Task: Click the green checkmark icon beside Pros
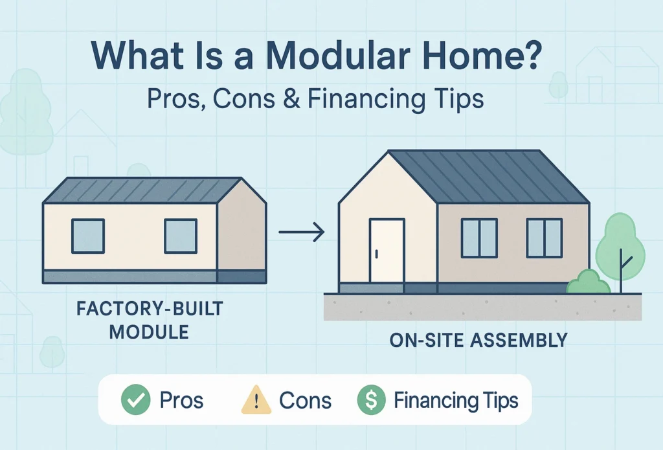point(136,399)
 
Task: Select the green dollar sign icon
point(371,399)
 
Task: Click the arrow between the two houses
point(302,232)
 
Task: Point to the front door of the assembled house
point(387,251)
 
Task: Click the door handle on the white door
point(376,254)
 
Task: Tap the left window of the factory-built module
point(88,236)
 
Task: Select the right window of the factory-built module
point(181,236)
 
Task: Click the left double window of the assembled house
point(479,238)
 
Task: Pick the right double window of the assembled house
point(544,238)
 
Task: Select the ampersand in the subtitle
point(292,99)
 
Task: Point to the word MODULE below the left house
point(150,332)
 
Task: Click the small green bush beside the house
point(588,282)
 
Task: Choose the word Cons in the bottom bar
point(306,401)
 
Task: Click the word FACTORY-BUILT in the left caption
point(150,309)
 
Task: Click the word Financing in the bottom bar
point(432,400)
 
